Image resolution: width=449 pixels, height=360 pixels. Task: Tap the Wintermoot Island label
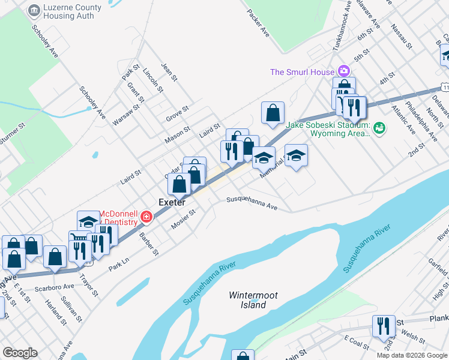point(247,300)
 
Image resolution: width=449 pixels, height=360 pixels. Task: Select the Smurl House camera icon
point(343,72)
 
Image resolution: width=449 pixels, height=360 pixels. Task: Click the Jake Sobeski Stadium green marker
point(379,128)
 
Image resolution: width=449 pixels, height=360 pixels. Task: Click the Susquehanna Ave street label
point(252,203)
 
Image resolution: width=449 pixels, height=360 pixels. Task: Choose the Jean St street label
point(169,73)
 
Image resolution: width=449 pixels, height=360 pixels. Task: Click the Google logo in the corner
point(20,353)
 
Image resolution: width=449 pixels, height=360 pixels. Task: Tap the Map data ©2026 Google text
point(411,355)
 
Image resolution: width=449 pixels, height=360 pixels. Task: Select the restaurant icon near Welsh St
point(384,326)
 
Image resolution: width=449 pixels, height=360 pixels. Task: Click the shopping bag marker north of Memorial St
point(273,112)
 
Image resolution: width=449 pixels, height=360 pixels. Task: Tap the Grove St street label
point(178,113)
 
